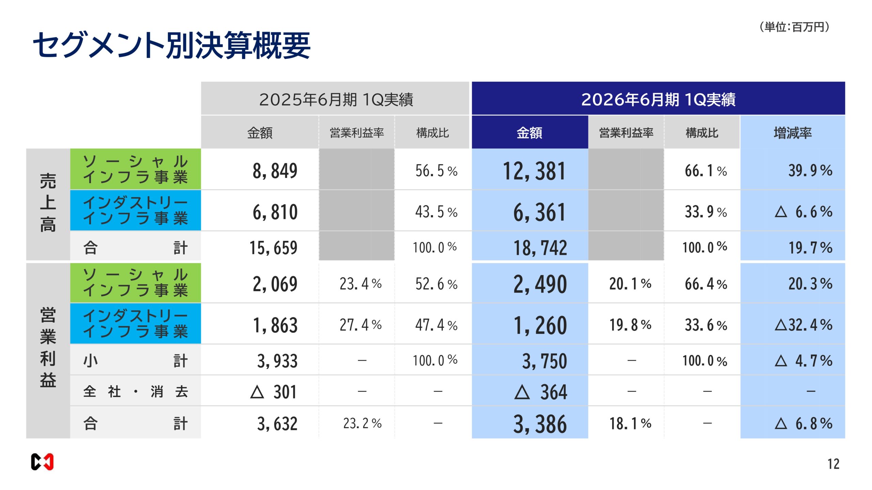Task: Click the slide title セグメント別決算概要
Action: [x=171, y=45]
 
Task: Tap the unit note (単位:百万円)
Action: [x=795, y=27]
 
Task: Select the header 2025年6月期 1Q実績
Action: [x=336, y=99]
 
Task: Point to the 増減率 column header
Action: [x=792, y=133]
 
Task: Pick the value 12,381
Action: [x=534, y=171]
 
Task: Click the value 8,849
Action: [x=275, y=171]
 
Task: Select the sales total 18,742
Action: [x=540, y=247]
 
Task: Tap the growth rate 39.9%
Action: [x=810, y=170]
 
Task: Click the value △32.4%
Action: [x=803, y=325]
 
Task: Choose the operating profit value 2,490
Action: [x=540, y=284]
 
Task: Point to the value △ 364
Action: [x=540, y=392]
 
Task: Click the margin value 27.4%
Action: [x=360, y=325]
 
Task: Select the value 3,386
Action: [x=540, y=424]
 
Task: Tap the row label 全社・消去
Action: [x=135, y=392]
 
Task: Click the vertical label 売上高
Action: [x=48, y=203]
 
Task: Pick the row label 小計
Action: [x=135, y=361]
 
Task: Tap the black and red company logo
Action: [x=42, y=462]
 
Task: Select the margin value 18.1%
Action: [x=630, y=424]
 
